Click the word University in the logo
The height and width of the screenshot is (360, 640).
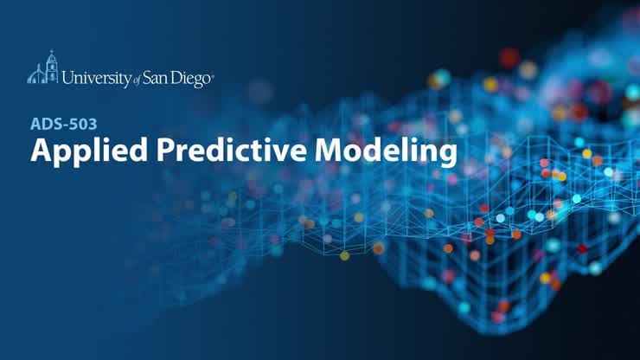pyautogui.click(x=97, y=78)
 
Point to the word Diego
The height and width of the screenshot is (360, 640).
pyautogui.click(x=190, y=79)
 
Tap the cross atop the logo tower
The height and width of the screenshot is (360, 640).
pyautogui.click(x=51, y=51)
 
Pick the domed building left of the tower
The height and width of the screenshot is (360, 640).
pyautogui.click(x=36, y=75)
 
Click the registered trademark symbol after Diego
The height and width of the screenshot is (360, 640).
pyautogui.click(x=212, y=75)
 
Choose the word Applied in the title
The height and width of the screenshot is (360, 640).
pyautogui.click(x=89, y=151)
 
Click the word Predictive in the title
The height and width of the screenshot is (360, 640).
pyautogui.click(x=232, y=150)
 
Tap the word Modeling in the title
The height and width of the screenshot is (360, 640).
pyautogui.click(x=386, y=151)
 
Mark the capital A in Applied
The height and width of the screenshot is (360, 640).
pyautogui.click(x=40, y=151)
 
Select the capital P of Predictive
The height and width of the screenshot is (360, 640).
pyautogui.click(x=165, y=151)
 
